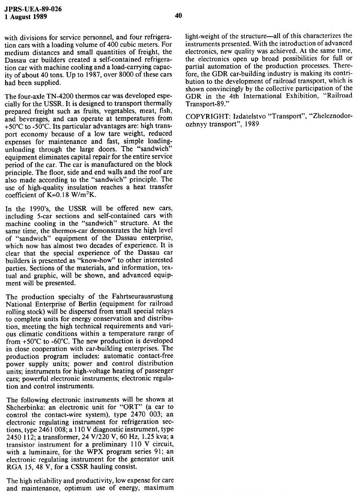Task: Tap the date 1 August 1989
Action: point(26,16)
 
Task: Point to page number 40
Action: point(179,16)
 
